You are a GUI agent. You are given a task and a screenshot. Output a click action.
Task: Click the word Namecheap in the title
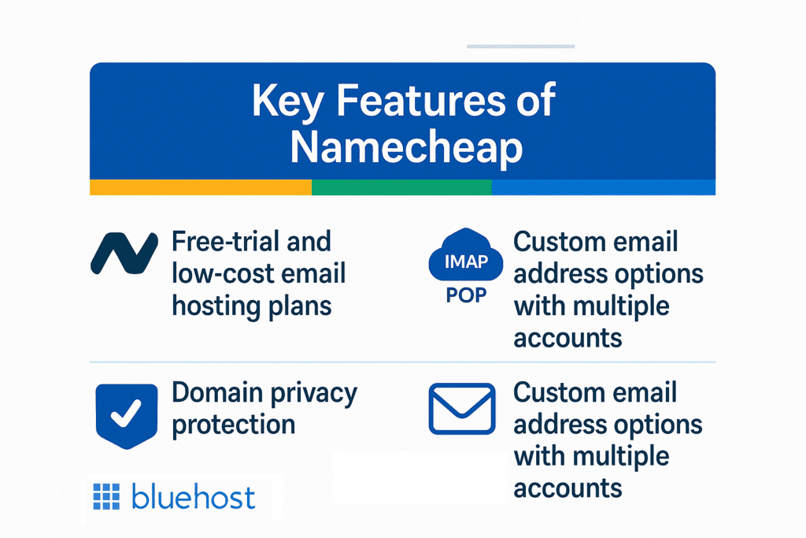(x=406, y=148)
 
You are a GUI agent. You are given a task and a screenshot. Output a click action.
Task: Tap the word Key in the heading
(x=287, y=102)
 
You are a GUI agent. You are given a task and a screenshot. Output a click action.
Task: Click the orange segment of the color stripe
(x=201, y=187)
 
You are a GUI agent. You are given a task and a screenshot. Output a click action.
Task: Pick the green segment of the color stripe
(x=401, y=187)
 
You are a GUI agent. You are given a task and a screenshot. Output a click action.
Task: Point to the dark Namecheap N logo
(x=124, y=253)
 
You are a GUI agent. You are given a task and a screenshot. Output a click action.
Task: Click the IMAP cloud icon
(x=466, y=255)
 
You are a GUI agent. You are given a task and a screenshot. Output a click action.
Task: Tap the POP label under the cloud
(x=466, y=295)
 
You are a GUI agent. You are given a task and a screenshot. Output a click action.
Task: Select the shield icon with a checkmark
(x=127, y=416)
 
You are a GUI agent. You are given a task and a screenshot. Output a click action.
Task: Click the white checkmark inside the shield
(x=126, y=413)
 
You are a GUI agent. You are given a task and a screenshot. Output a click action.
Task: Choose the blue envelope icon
(x=462, y=408)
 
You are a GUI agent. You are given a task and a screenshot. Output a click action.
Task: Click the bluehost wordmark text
(x=194, y=497)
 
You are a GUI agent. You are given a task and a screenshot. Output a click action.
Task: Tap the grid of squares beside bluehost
(x=106, y=497)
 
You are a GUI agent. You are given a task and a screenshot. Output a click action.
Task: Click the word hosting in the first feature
(x=216, y=306)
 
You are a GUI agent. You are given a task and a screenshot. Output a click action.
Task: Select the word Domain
(x=217, y=393)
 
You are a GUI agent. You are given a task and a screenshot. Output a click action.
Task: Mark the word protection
(x=233, y=425)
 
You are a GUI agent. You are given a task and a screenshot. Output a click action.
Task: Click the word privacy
(x=313, y=395)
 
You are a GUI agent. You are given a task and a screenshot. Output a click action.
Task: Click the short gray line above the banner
(x=521, y=46)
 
